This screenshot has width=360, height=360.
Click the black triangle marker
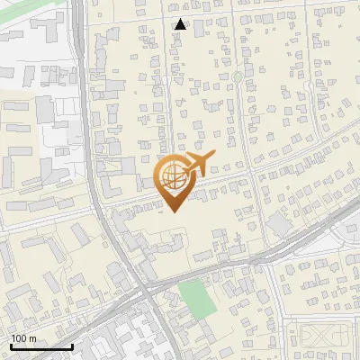click(181, 24)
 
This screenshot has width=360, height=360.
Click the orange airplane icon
click(199, 164)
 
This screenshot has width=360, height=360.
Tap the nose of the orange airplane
click(213, 157)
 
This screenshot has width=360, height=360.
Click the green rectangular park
click(198, 298)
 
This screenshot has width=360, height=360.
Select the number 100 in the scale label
click(19, 338)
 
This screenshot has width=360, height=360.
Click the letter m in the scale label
click(32, 338)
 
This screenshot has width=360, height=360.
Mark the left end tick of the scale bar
click(10, 346)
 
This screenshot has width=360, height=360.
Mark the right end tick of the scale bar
click(72, 346)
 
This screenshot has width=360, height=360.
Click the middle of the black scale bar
click(40, 347)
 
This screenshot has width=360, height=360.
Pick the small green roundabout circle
click(237, 77)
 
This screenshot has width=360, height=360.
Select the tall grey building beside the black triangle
click(198, 27)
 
